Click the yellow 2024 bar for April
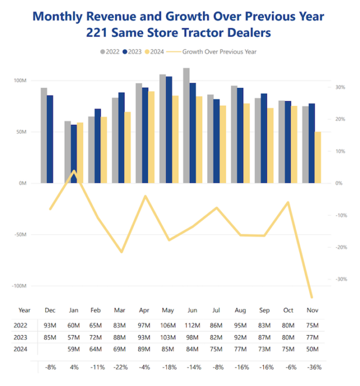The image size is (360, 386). tap(151, 137)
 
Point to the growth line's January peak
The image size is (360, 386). tap(74, 171)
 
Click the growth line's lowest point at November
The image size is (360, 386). tap(312, 296)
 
